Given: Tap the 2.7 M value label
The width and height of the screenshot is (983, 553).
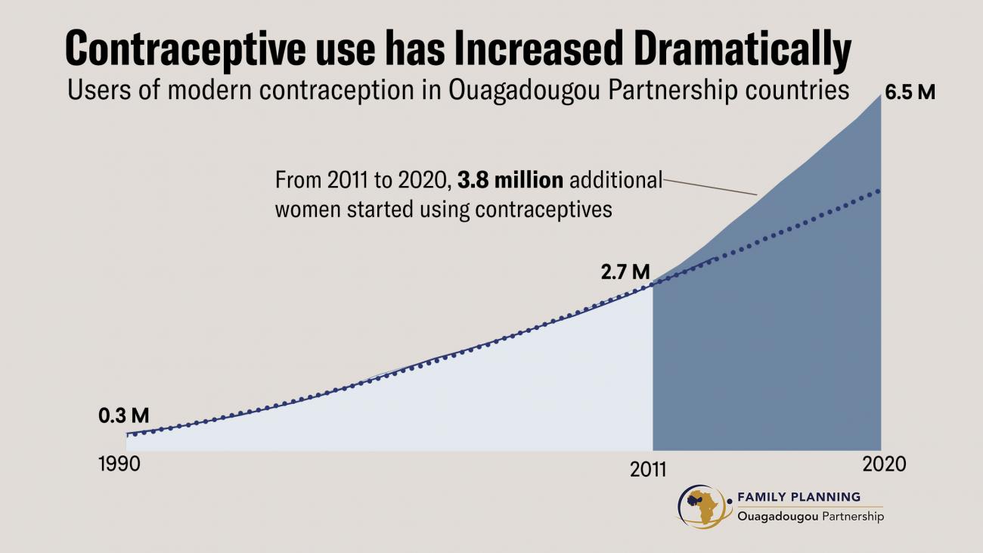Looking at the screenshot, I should click(625, 272).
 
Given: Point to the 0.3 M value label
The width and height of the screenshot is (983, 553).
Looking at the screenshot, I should click(123, 415).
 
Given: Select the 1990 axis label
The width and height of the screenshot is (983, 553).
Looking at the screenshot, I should click(119, 464).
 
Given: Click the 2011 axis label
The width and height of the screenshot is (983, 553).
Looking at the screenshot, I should click(648, 469).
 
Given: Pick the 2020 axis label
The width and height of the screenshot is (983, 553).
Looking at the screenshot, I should click(883, 464).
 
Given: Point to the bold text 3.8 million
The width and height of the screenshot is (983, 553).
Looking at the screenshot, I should click(510, 181).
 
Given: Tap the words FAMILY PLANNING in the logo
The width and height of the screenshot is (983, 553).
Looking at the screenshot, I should click(798, 497).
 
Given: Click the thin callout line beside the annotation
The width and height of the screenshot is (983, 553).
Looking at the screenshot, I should click(711, 187).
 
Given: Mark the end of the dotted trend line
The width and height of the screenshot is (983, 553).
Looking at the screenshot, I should click(879, 191).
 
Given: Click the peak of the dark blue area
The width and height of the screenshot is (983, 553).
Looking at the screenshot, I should click(880, 95).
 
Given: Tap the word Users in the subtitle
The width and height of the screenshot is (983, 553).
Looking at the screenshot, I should click(92, 90).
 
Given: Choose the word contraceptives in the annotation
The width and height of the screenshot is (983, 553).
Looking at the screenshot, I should click(543, 210).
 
